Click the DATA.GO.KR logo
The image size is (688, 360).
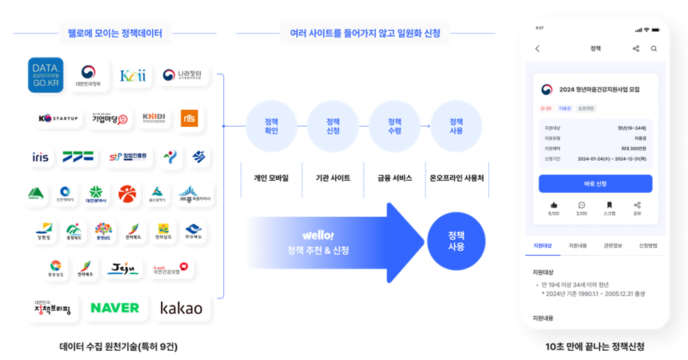tap(46, 74)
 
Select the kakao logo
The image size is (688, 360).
tap(181, 308)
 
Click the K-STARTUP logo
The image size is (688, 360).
tap(58, 118)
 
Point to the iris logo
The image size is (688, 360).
tap(40, 157)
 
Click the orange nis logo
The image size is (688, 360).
tap(189, 118)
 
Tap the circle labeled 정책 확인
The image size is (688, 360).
tap(271, 125)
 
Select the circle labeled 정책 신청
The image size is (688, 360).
tap(333, 125)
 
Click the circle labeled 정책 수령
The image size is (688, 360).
tap(395, 125)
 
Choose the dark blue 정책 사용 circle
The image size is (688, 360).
tap(456, 241)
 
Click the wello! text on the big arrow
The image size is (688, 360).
tap(317, 235)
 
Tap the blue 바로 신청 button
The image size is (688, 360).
tap(595, 184)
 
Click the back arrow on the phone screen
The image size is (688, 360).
tap(537, 49)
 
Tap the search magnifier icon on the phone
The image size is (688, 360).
tap(653, 49)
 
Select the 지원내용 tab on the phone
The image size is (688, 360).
tap(577, 245)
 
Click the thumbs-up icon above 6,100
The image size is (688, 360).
tap(553, 204)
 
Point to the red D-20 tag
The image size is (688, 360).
tap(546, 108)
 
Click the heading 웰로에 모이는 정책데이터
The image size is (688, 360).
tap(115, 33)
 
